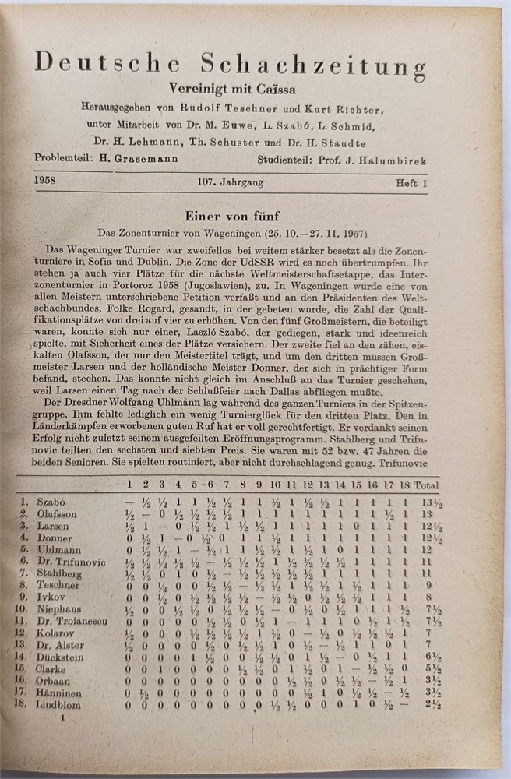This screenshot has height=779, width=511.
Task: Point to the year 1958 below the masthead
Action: coord(48,182)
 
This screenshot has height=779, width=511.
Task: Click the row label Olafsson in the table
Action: coord(58,515)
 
